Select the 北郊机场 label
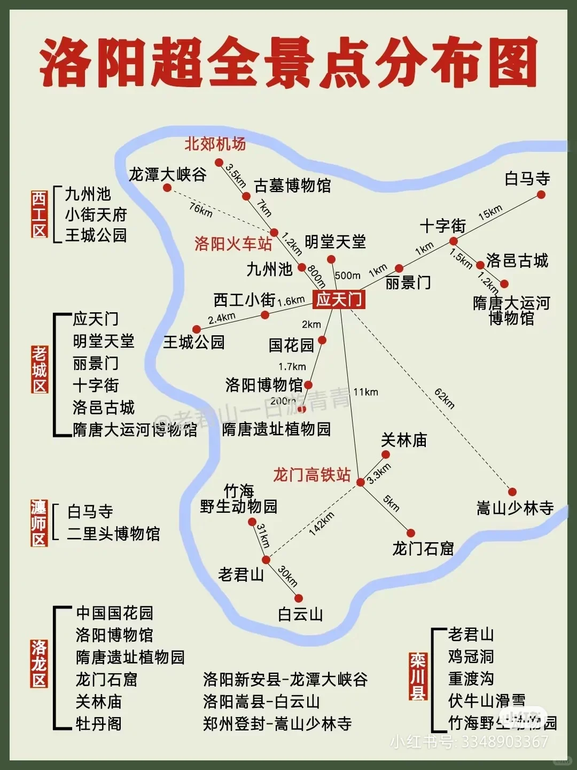coord(215,144)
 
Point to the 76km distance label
coord(201,210)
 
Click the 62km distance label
coord(445,398)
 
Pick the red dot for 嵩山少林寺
coord(512,492)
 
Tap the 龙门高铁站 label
coord(312,475)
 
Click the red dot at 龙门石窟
coord(411,533)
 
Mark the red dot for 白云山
coord(299,598)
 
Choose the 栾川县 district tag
coord(418,675)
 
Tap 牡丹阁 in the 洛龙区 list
coord(99,723)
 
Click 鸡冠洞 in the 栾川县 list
coord(471,657)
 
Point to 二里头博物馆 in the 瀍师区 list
coord(113,534)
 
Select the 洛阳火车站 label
coord(233,244)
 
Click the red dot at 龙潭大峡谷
coord(167,188)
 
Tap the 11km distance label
coord(365,392)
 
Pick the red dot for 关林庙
coord(385,455)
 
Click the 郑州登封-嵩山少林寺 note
coord(277,723)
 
